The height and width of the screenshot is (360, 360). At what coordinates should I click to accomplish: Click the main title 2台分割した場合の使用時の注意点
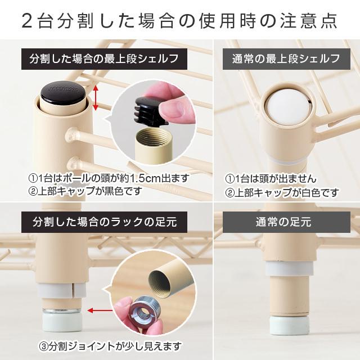[179, 21]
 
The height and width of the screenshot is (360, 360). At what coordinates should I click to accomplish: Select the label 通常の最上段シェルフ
[286, 58]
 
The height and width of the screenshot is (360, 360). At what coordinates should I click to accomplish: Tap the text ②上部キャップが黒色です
[84, 192]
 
